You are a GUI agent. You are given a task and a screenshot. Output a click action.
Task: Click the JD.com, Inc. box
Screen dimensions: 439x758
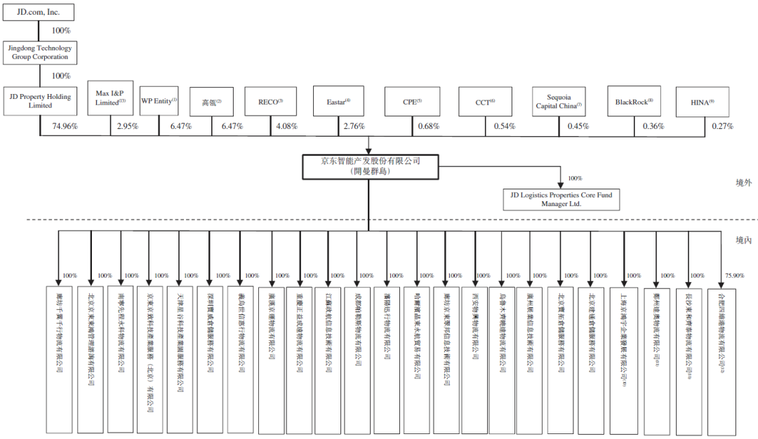point(39,12)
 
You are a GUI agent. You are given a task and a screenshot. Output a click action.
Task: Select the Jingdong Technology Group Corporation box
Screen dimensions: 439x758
point(41,53)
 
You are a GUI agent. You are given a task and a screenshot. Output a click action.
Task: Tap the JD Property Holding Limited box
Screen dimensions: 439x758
point(41,101)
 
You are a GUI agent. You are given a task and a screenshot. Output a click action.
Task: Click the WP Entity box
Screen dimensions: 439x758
point(159,101)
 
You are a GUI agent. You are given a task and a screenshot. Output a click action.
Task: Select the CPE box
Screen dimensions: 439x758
point(412,102)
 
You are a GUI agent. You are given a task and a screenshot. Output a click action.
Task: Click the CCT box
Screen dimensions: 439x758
point(486,102)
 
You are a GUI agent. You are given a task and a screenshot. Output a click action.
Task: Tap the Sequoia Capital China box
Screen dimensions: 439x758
point(559,102)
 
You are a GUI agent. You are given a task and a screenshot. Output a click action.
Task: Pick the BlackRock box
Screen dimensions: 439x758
point(634,102)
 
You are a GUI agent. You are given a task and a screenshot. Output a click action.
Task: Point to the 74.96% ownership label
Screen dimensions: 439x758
point(65,126)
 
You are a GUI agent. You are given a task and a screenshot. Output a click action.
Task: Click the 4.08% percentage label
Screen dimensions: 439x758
point(286,126)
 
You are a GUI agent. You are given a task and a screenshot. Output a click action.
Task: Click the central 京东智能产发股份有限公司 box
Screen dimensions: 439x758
point(370,166)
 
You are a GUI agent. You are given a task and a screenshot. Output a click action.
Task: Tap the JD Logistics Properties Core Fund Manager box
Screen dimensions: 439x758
point(561,199)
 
